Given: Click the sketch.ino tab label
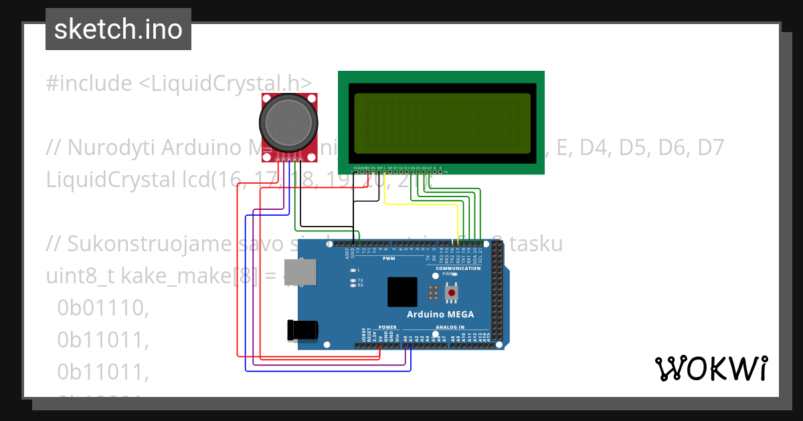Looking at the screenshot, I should (118, 29).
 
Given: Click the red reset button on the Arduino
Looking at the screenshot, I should (452, 293).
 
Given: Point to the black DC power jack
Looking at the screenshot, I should (301, 330).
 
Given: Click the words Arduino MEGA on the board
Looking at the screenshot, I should (440, 315).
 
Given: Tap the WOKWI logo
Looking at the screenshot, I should (711, 368).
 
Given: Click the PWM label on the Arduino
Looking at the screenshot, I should (389, 258).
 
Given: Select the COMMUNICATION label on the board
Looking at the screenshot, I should (458, 268).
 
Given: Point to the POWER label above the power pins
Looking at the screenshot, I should (387, 327).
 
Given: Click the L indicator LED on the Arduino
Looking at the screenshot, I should (353, 269).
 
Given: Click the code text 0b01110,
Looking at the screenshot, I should (102, 308).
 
